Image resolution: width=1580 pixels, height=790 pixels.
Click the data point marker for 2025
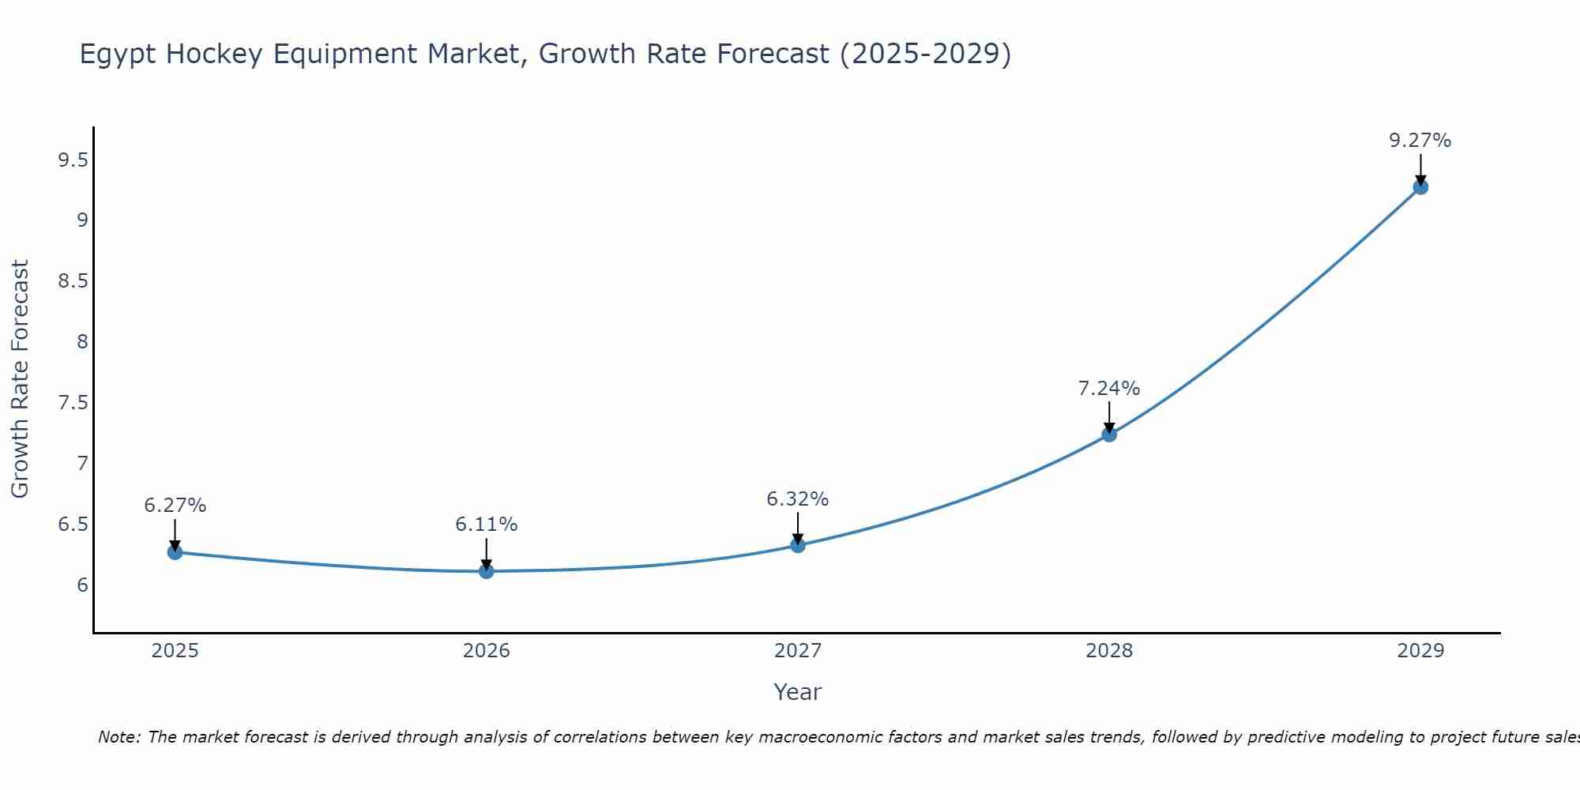pos(175,552)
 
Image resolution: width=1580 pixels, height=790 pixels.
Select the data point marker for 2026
pos(487,571)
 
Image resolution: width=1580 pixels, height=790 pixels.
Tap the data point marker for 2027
pos(798,545)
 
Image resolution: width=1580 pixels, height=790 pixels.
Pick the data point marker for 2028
pos(1109,434)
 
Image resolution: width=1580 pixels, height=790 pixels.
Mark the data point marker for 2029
pos(1420,187)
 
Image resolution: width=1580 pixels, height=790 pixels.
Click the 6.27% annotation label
pos(175,506)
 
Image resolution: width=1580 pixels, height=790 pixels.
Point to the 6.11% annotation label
pos(487,525)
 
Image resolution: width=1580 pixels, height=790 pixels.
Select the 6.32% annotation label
pos(798,499)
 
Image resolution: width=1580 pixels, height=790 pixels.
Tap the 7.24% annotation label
pos(1109,389)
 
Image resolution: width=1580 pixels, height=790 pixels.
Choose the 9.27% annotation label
pos(1420,141)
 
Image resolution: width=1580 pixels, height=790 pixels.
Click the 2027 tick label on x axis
pos(798,651)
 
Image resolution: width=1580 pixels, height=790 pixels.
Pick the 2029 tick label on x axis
pos(1420,651)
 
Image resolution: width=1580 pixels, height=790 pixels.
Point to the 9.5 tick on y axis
pos(73,161)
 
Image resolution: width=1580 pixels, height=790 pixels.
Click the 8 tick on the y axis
pos(82,342)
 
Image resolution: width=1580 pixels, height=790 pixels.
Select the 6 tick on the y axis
pos(82,585)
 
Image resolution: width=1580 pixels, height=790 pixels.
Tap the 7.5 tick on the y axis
pos(73,403)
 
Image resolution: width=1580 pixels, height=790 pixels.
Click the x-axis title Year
pos(798,692)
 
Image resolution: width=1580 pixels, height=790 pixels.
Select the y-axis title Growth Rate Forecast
pos(20,379)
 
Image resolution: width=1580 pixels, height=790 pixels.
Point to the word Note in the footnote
pos(118,737)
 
